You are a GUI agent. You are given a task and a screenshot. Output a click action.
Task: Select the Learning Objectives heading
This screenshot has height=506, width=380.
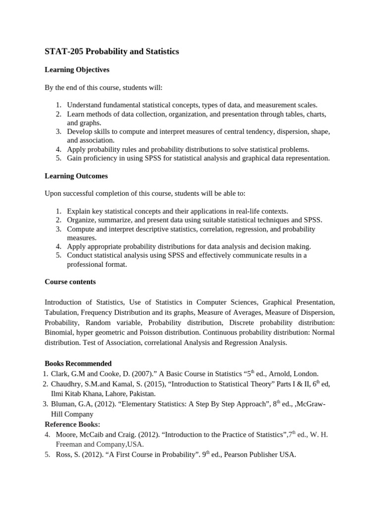click(77, 70)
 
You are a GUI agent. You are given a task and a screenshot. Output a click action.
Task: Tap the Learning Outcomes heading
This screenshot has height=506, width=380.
click(76, 176)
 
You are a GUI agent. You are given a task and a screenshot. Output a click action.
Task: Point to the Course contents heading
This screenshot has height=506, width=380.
click(70, 282)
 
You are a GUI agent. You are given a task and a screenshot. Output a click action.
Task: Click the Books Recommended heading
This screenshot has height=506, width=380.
click(78, 364)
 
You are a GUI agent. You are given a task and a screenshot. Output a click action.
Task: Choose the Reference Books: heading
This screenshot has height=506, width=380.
click(72, 424)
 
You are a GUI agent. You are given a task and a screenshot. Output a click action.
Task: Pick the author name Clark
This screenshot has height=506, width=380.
click(60, 374)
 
